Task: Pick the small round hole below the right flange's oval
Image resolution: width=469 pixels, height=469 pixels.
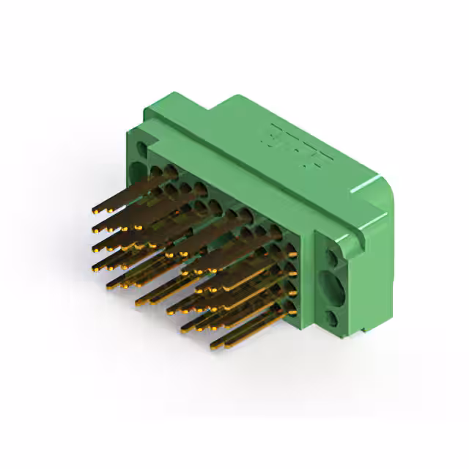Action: (332, 317)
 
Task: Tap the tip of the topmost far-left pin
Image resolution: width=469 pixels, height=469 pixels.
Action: (95, 211)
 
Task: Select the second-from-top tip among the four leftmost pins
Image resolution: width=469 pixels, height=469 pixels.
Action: (95, 230)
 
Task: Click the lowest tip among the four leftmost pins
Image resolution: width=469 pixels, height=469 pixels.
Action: (95, 269)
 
